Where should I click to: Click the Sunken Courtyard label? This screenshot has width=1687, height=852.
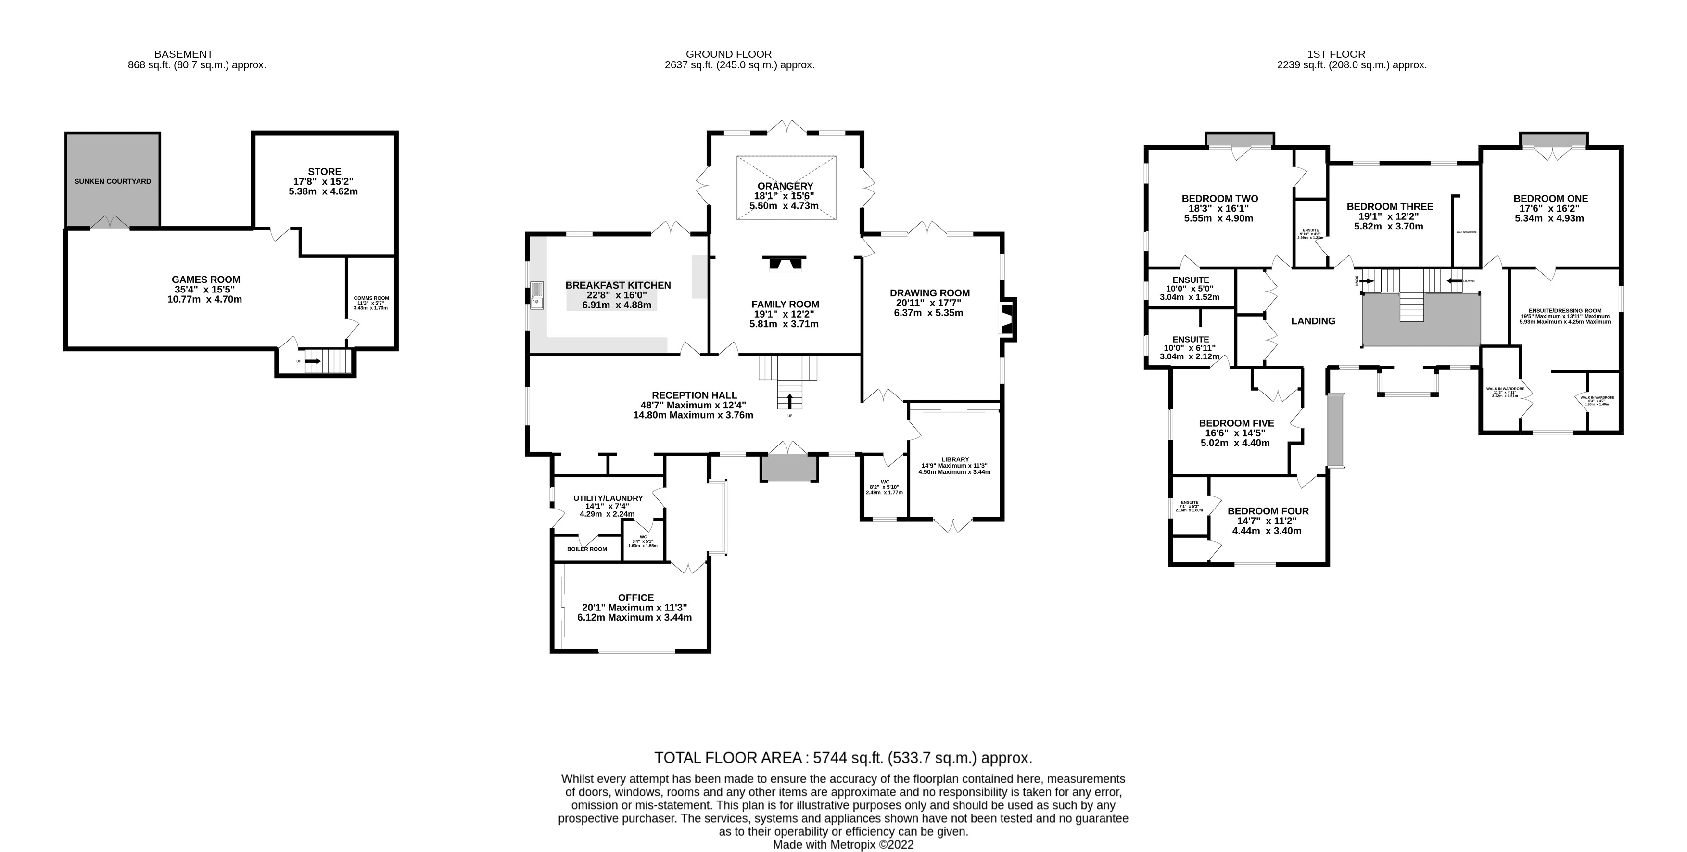pyautogui.click(x=113, y=181)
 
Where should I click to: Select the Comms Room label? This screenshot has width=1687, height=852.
pyautogui.click(x=371, y=298)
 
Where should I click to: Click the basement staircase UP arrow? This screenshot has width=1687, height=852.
pyautogui.click(x=314, y=361)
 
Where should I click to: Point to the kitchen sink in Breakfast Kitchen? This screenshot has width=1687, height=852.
pyautogui.click(x=537, y=295)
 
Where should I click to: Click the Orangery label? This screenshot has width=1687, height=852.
pyautogui.click(x=785, y=186)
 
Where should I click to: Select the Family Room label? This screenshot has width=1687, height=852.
pyautogui.click(x=785, y=304)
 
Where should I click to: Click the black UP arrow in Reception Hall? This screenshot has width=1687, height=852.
pyautogui.click(x=790, y=400)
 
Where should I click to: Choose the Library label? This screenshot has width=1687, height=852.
pyautogui.click(x=955, y=459)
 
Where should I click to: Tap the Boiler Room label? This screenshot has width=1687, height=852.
pyautogui.click(x=587, y=549)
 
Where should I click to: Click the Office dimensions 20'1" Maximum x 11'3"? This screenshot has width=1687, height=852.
pyautogui.click(x=634, y=607)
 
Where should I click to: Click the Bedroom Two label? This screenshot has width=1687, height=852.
pyautogui.click(x=1219, y=198)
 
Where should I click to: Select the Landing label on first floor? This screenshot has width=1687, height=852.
pyautogui.click(x=1313, y=321)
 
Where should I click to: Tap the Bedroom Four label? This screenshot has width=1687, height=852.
pyautogui.click(x=1268, y=511)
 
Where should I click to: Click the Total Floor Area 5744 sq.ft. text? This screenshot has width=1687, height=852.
pyautogui.click(x=843, y=758)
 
